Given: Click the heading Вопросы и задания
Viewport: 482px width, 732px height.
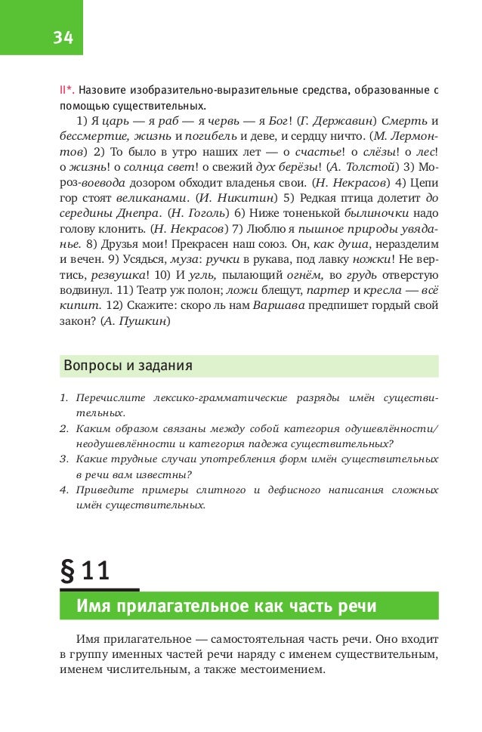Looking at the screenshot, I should point(128,366).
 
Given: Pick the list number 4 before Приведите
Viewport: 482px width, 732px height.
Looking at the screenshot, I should point(63,490).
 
